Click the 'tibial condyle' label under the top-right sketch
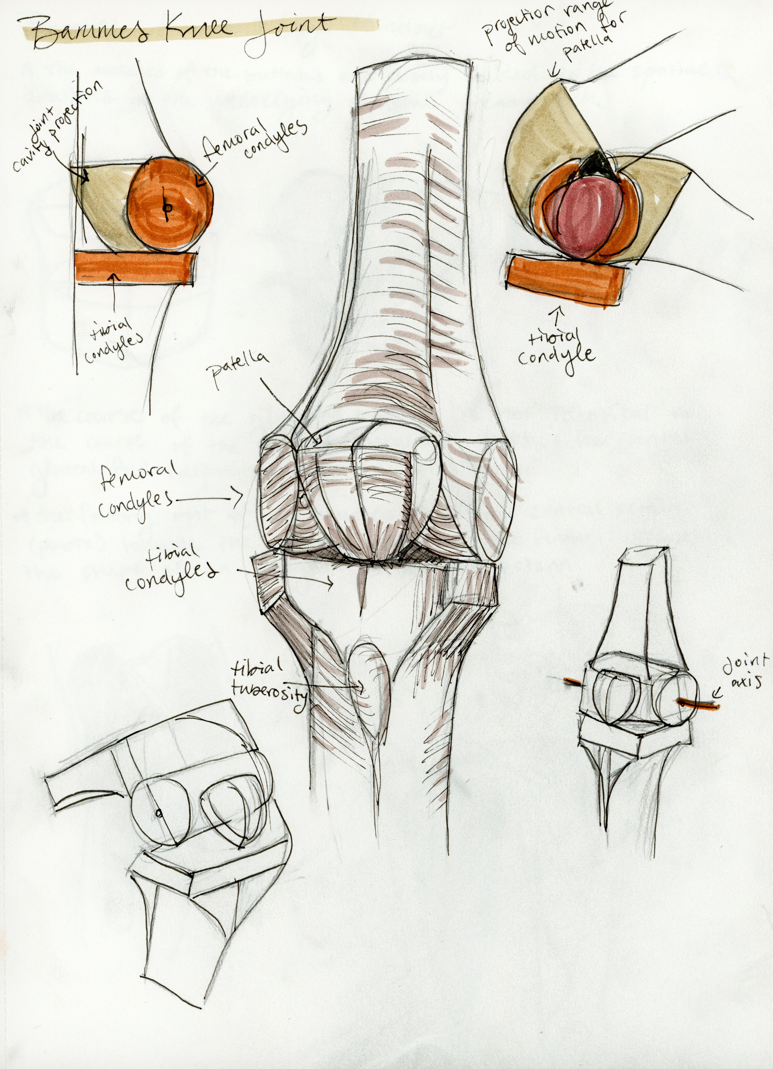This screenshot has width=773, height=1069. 556,349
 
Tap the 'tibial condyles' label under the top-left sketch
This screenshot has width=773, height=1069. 113,342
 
